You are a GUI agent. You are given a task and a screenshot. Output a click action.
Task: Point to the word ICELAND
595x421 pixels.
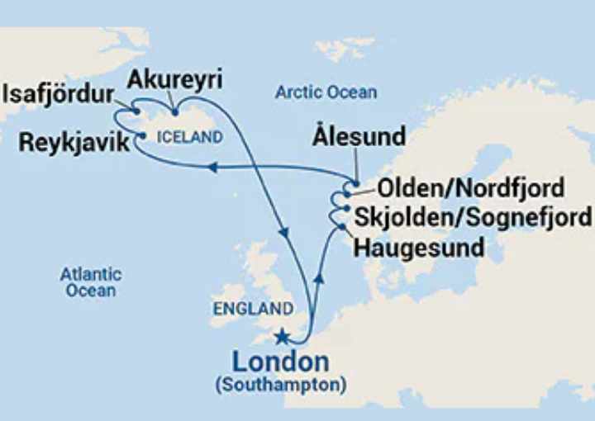coord(189,138)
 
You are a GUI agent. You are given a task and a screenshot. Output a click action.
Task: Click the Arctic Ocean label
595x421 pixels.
coord(326,92)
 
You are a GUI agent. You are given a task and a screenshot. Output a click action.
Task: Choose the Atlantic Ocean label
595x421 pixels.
coord(91,282)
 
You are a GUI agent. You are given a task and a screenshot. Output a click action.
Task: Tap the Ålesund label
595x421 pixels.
coord(359,137)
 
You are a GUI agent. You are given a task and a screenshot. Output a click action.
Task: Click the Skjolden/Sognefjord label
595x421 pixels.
coord(474,217)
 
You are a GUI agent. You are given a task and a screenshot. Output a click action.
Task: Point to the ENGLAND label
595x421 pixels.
coord(253,310)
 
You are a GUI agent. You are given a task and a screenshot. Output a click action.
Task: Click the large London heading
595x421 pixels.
coord(280,362)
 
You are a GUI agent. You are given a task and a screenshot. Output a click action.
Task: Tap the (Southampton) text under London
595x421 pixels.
coord(281,385)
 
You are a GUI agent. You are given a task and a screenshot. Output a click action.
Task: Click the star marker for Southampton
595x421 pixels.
coord(283,336)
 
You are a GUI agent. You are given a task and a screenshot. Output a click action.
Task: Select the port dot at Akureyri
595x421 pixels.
coord(174,112)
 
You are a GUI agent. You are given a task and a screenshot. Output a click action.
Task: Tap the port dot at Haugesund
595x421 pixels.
coord(341,225)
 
